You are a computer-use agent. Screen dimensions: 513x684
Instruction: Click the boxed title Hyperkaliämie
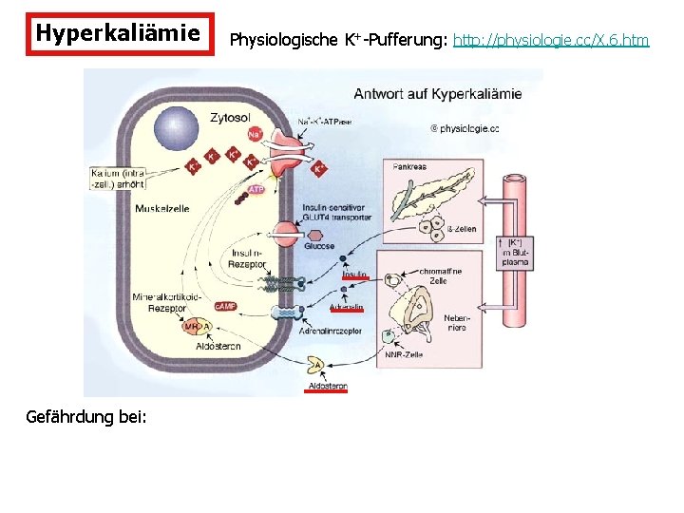118,34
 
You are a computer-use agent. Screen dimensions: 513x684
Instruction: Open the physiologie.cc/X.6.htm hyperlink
551,40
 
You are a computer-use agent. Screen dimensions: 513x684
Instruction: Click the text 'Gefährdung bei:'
86,415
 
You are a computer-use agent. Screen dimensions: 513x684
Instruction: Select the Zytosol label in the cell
231,119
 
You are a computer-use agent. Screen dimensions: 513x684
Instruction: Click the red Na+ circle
255,135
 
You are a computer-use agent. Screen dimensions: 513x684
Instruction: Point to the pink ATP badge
256,190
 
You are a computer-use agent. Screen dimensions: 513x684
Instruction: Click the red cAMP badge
225,306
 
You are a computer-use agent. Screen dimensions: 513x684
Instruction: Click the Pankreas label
408,167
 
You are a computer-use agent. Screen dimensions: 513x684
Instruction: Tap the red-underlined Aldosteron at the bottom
326,388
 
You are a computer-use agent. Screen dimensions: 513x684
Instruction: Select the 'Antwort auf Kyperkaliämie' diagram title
437,94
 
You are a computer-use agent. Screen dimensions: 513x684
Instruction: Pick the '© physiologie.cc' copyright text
465,127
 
